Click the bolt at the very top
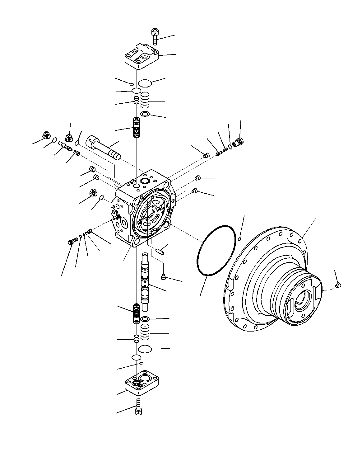point(155,36)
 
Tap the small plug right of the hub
point(339,285)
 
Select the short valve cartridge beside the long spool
point(136,313)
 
